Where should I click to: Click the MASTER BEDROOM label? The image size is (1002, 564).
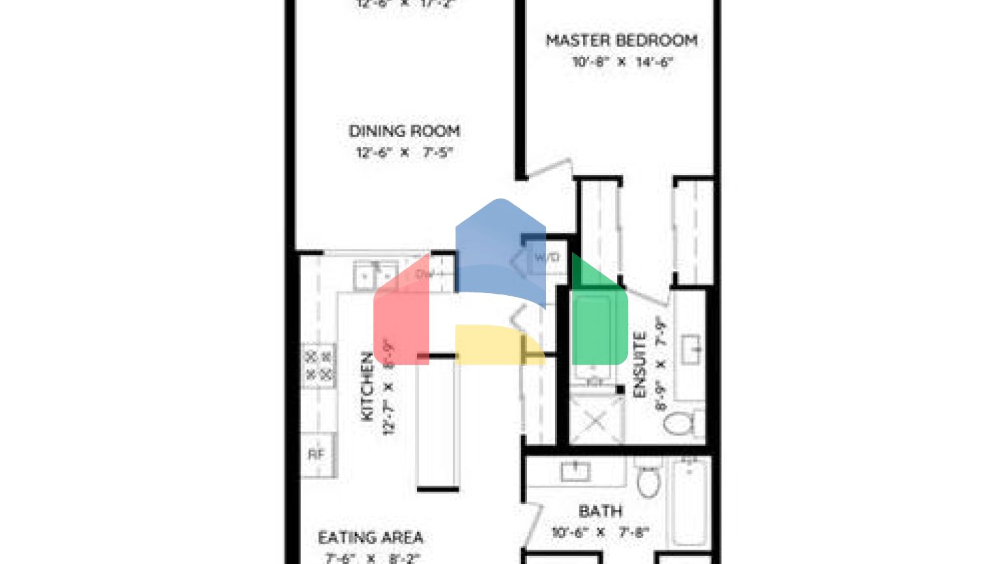(621, 40)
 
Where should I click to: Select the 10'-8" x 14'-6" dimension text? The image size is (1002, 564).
(622, 63)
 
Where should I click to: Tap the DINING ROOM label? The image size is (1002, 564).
(404, 131)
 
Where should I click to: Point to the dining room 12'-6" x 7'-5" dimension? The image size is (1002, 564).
(404, 153)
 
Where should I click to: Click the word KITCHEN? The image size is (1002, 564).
(367, 386)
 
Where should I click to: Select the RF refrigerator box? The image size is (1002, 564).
(316, 454)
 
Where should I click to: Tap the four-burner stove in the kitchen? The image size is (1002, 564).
(318, 365)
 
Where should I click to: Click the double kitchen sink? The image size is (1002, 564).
(375, 275)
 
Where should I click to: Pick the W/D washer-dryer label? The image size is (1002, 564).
(547, 258)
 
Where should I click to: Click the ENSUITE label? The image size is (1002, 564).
(639, 366)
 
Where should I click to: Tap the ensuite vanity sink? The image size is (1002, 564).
(690, 345)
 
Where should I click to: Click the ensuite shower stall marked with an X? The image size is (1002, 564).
(595, 421)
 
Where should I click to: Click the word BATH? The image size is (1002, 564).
(600, 511)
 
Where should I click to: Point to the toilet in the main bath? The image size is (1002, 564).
(648, 480)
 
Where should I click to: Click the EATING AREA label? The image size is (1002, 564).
(371, 538)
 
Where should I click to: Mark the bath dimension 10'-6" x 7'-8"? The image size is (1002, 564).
(600, 533)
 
